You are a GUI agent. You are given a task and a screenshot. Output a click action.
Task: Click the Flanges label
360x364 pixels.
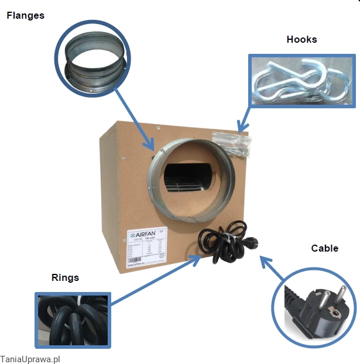25,16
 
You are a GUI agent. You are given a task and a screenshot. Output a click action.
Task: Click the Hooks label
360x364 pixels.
301,40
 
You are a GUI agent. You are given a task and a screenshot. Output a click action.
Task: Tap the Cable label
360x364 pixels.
324,248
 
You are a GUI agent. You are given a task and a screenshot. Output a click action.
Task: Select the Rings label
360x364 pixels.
66,277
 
